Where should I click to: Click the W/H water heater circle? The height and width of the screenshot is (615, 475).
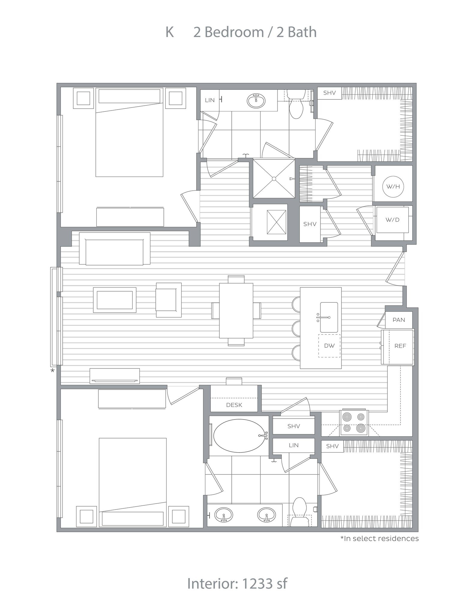click(x=393, y=186)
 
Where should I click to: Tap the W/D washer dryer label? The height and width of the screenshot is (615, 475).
click(x=392, y=220)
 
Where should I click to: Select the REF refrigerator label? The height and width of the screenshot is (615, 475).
click(x=400, y=346)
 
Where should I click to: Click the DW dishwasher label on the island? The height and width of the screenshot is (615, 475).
click(x=329, y=346)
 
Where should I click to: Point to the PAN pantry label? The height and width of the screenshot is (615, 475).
click(x=399, y=320)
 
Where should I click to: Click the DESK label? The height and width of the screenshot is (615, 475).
click(x=234, y=405)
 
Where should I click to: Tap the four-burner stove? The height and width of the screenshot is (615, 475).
click(x=354, y=423)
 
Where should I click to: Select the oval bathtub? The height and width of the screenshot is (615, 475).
click(x=239, y=436)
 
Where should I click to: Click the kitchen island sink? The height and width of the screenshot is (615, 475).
click(x=329, y=317)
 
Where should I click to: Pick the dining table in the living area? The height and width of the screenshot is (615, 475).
click(x=236, y=311)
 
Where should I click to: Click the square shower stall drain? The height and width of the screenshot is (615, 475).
click(x=274, y=179)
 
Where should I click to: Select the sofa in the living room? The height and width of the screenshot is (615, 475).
click(x=115, y=249)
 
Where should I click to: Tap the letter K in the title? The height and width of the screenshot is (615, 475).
click(x=170, y=32)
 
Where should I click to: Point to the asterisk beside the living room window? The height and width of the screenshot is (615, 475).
click(x=53, y=371)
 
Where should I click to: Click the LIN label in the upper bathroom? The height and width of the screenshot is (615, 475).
click(x=210, y=100)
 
